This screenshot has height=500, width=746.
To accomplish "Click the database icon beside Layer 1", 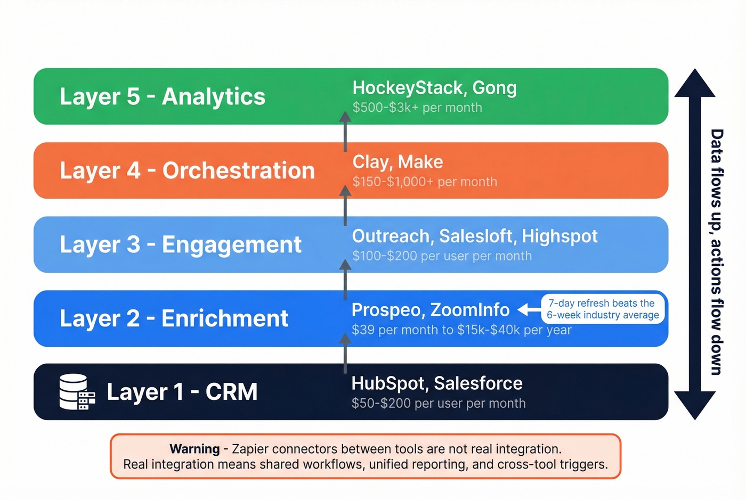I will pyautogui.click(x=77, y=392).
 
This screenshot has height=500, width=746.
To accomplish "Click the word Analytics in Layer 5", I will pyautogui.click(x=213, y=97).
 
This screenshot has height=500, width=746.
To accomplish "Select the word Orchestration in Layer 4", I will pyautogui.click(x=238, y=171).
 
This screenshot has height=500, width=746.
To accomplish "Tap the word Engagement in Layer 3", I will pyautogui.click(x=231, y=245).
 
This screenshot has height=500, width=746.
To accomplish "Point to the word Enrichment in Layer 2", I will pyautogui.click(x=224, y=318).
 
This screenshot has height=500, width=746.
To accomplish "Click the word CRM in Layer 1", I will pyautogui.click(x=231, y=392).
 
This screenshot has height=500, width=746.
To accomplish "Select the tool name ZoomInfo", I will pyautogui.click(x=469, y=309).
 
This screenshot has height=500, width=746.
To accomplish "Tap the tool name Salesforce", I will pyautogui.click(x=478, y=383).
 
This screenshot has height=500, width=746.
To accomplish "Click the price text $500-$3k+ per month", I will pyautogui.click(x=417, y=108).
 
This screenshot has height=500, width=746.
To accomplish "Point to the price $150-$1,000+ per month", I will pyautogui.click(x=425, y=182).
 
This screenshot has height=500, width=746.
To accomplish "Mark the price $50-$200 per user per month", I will pyautogui.click(x=439, y=404).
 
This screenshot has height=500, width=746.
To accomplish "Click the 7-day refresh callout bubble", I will pyautogui.click(x=603, y=309).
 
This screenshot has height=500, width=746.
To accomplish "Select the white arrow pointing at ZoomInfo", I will pyautogui.click(x=529, y=309).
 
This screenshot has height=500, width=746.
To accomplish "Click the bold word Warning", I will pyautogui.click(x=194, y=449).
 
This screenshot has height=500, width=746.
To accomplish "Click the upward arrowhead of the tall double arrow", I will pyautogui.click(x=694, y=84).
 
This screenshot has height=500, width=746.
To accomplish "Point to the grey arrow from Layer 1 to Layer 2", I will pyautogui.click(x=345, y=354).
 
